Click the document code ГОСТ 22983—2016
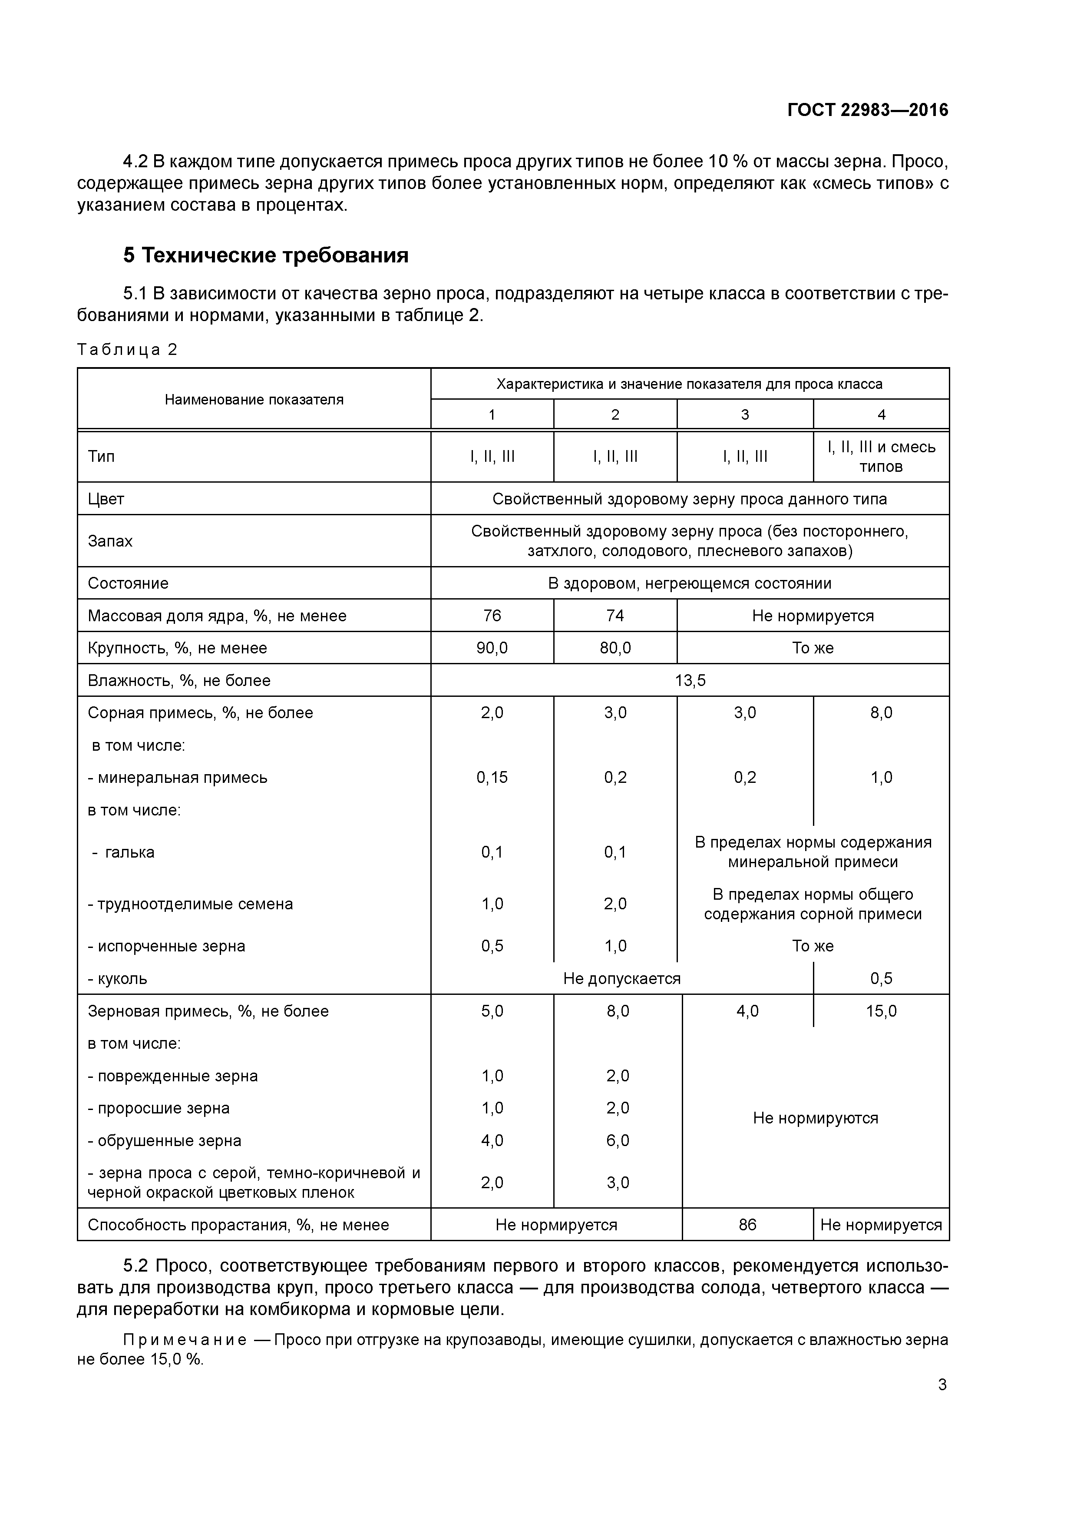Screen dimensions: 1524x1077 pyautogui.click(x=867, y=110)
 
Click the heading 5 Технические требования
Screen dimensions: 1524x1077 pyautogui.click(x=265, y=255)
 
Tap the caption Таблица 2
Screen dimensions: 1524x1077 pyautogui.click(x=127, y=350)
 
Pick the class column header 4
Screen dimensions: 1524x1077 pyautogui.click(x=881, y=415)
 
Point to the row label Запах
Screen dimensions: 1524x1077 pyautogui.click(x=110, y=541)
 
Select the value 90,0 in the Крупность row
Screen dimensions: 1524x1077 pyautogui.click(x=492, y=648)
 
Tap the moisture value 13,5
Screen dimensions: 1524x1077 pyautogui.click(x=690, y=680)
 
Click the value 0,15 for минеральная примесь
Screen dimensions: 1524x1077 pyautogui.click(x=492, y=777)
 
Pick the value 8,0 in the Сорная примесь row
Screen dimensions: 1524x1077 pyautogui.click(x=881, y=713)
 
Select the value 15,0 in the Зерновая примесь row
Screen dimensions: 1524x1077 pyautogui.click(x=881, y=1011)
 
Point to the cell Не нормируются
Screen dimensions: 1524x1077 pyautogui.click(x=815, y=1118)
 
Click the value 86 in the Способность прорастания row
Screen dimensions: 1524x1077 pyautogui.click(x=747, y=1225)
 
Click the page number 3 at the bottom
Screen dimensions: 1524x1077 pyautogui.click(x=942, y=1385)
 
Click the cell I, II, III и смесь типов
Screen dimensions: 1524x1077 pyautogui.click(x=881, y=457)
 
